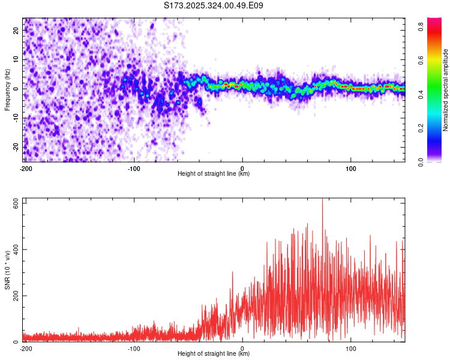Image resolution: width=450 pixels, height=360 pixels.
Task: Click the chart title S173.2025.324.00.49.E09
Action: point(214,5)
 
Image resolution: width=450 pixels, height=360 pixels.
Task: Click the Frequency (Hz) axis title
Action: point(7,89)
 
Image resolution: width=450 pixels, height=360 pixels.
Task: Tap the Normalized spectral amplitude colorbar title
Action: point(445,90)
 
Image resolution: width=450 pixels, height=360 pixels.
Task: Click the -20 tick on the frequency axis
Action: point(16,147)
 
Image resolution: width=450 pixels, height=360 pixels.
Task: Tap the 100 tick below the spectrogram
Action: point(351,168)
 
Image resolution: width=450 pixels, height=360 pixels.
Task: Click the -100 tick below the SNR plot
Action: point(134,349)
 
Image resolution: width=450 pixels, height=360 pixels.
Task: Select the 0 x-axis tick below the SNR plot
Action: point(242,349)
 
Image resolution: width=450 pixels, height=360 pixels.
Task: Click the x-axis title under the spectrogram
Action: point(214,174)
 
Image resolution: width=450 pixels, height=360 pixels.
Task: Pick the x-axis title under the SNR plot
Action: point(214,354)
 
